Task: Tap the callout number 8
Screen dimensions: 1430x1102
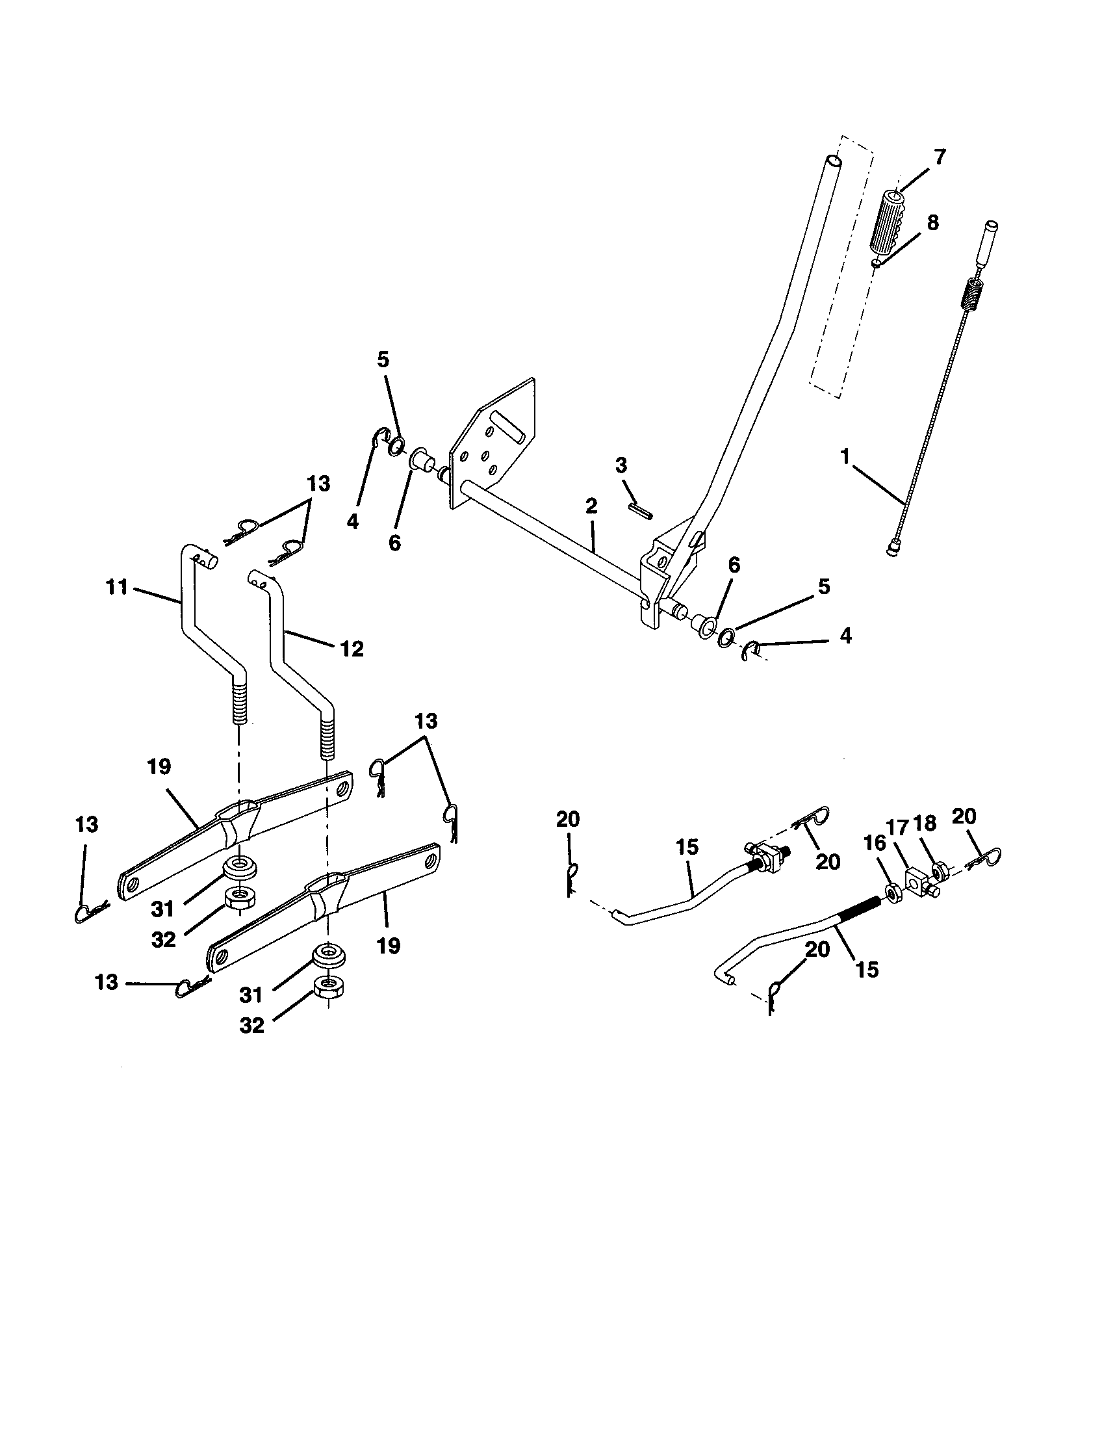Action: (932, 222)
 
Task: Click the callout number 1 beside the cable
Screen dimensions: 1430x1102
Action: (845, 456)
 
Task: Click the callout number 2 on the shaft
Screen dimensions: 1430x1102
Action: (591, 506)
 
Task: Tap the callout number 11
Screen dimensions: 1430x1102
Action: (116, 588)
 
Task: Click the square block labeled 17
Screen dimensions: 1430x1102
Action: (916, 879)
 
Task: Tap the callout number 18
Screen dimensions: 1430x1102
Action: (925, 823)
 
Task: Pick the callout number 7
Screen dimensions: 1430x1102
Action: (939, 157)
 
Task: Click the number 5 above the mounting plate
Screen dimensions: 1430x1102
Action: (383, 359)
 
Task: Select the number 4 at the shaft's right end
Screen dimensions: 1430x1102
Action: (845, 635)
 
